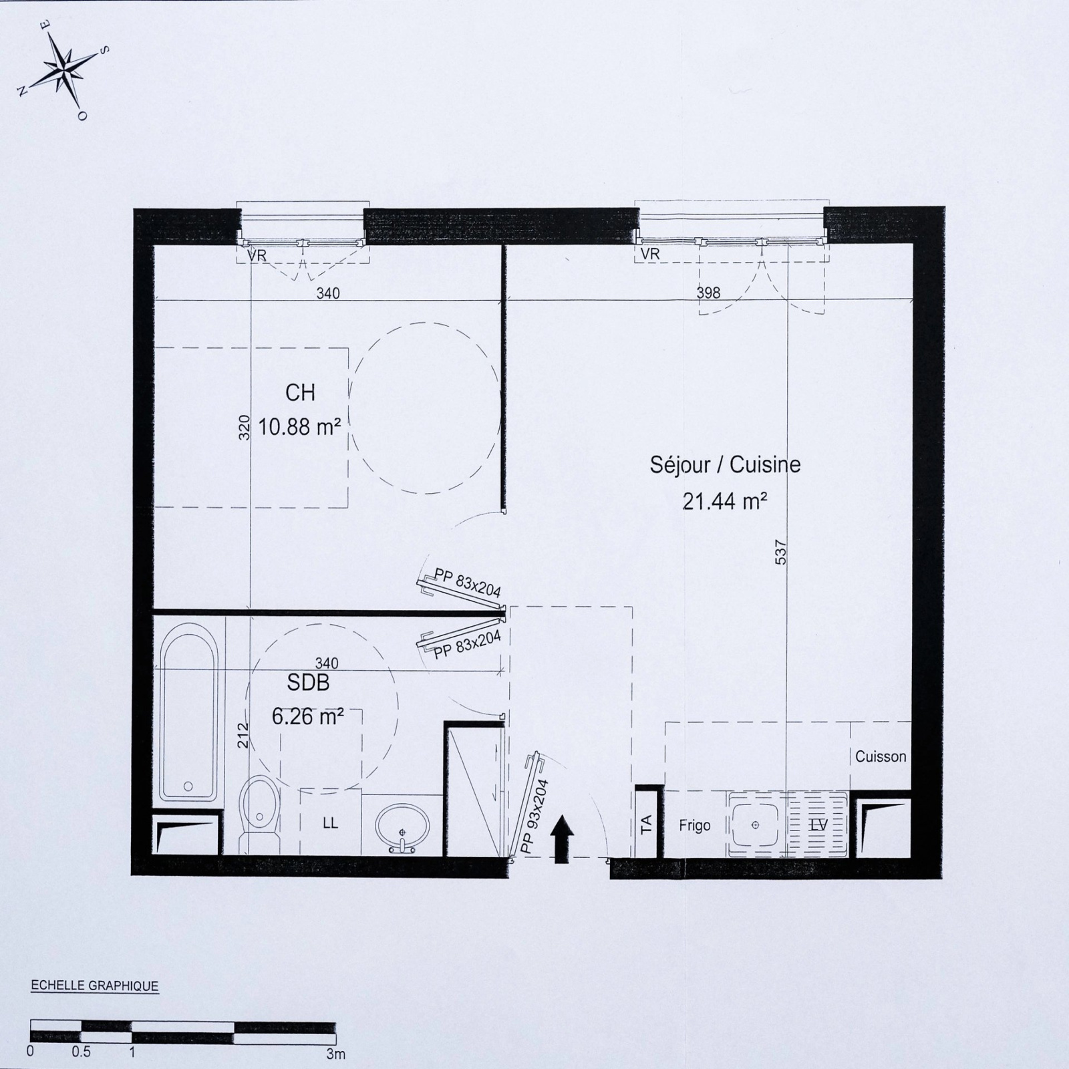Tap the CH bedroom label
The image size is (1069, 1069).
coord(301,393)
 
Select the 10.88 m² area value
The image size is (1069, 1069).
coord(300,427)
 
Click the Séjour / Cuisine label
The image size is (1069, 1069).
coord(725,465)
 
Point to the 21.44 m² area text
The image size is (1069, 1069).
coord(725,501)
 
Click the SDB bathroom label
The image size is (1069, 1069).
coord(308,683)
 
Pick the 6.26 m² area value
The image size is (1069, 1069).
coord(307,716)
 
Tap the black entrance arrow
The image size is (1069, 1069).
coord(562,843)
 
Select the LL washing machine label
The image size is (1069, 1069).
coord(330,823)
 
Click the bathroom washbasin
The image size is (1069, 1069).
coord(403,827)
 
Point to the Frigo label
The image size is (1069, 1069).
coord(695,826)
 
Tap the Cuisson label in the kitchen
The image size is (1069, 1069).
coord(881,756)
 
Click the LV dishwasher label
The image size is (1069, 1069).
coord(818,826)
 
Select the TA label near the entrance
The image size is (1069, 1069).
coord(646,825)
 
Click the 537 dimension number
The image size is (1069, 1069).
coord(781,552)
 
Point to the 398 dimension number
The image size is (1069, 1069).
coord(708,293)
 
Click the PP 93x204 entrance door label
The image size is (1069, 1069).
coord(534,816)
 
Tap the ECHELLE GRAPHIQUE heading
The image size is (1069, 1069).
coord(95,986)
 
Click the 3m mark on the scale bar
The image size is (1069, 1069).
coord(335,1054)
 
